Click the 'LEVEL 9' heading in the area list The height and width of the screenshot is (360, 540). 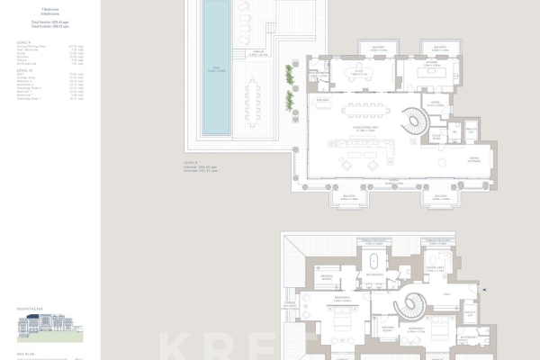22,42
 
